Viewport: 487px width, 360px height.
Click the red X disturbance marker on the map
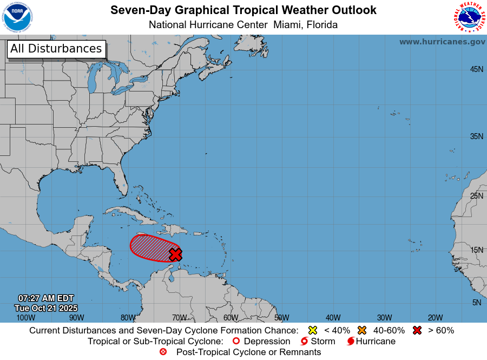pos(175,254)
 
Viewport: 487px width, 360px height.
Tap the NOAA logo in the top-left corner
pos(17,17)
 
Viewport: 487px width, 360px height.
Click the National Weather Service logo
pos(469,17)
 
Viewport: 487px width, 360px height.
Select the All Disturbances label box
pos(56,49)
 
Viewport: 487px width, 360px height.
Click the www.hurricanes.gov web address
pos(442,42)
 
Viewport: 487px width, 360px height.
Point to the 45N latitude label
pos(476,69)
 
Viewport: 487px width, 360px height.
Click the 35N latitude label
pos(476,136)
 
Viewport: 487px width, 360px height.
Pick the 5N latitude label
pos(476,303)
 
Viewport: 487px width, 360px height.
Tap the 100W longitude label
pos(25,318)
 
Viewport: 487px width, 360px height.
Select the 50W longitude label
pos(281,318)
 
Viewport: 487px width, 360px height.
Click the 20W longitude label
pos(435,318)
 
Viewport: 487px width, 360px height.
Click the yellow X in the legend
pos(312,330)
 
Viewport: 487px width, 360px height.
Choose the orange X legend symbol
pos(362,330)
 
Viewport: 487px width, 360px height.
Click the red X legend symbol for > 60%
pos(417,330)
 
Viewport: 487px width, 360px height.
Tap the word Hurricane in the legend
pos(376,342)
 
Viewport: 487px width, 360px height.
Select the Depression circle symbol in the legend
pos(235,342)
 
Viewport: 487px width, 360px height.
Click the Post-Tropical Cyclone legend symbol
pos(163,352)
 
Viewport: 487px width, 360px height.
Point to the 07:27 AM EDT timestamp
pos(46,298)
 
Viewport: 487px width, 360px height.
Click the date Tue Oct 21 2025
pos(46,307)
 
